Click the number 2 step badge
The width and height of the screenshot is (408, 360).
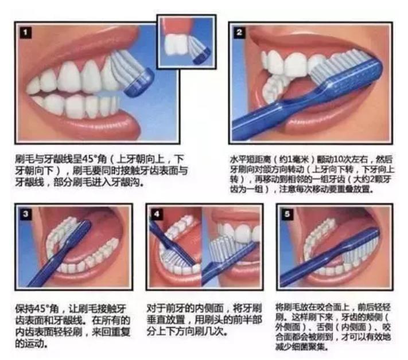click(x=239, y=33)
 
